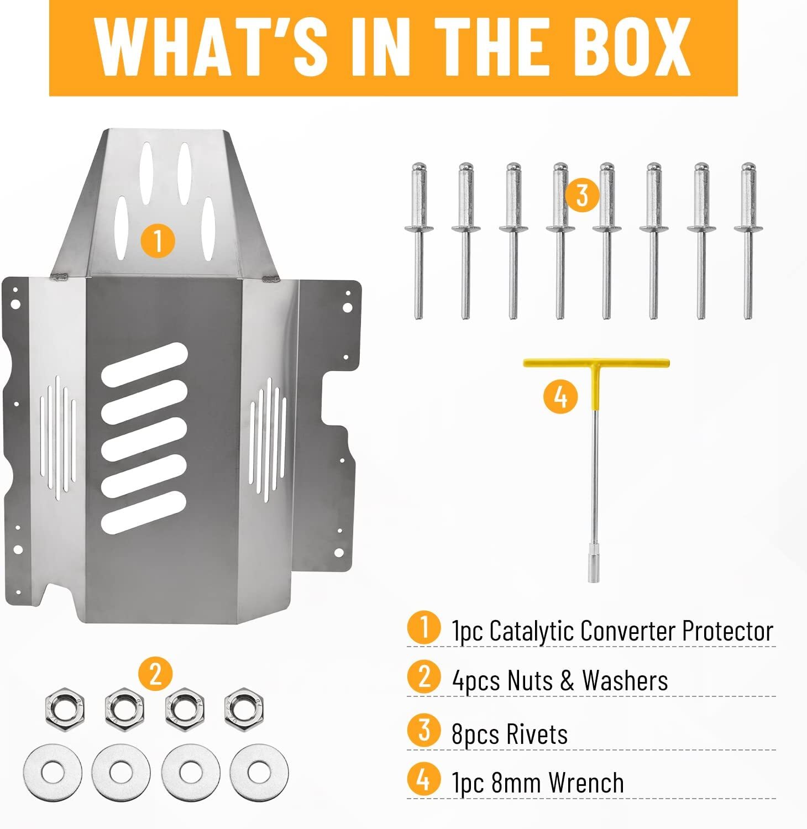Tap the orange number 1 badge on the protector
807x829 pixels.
coord(158,242)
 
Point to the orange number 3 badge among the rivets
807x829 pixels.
coord(582,195)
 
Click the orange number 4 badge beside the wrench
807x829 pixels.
coord(560,396)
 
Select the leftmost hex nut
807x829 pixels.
coord(64,707)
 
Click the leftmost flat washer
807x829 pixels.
coord(53,772)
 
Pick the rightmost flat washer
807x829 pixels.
coord(259,772)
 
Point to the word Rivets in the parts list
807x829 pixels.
coord(537,734)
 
